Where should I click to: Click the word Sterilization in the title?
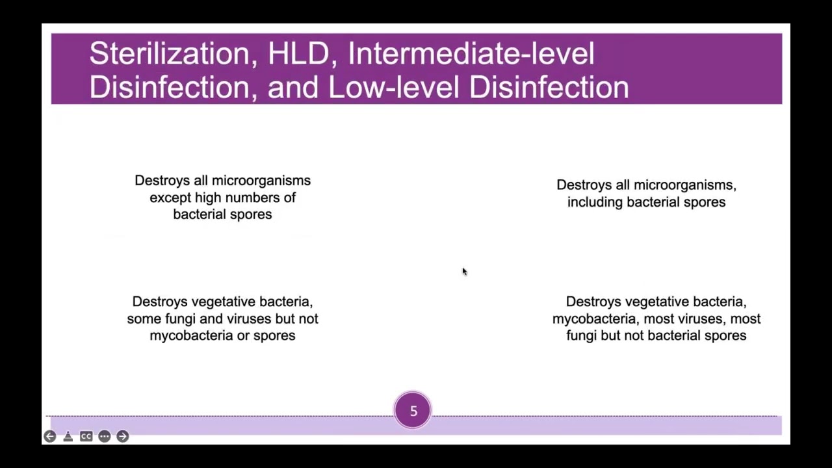(168, 53)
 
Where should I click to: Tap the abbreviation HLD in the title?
(298, 53)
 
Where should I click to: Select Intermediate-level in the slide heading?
(471, 53)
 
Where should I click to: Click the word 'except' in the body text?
(170, 198)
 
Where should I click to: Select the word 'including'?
(594, 202)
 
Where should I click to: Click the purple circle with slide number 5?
(413, 411)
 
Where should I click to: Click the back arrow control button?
(50, 436)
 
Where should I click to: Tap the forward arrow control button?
(123, 436)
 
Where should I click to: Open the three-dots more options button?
(105, 436)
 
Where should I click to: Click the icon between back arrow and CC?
(68, 436)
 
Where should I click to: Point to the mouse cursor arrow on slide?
(464, 271)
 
